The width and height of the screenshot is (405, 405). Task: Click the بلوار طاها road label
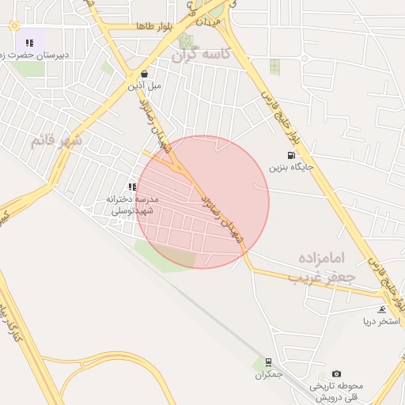153,27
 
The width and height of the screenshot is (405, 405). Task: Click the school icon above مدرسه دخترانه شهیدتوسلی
132,187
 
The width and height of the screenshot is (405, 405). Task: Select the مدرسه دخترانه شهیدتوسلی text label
132,205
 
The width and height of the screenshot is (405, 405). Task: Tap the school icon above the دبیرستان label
29,43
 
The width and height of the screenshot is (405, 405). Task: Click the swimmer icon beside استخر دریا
383,309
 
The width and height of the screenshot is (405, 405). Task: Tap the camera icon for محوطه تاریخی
337,373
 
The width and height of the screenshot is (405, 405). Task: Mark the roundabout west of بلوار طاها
14,26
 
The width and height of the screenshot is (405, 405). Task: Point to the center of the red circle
202,202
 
